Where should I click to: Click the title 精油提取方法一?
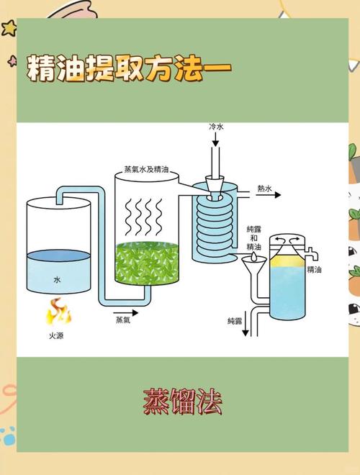click(x=130, y=69)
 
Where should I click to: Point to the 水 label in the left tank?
click(x=57, y=278)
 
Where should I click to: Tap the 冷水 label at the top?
click(x=217, y=127)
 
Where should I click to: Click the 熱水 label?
click(x=265, y=189)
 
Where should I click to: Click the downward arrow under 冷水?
click(x=217, y=155)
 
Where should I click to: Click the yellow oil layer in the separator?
click(x=288, y=257)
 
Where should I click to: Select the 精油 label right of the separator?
click(x=334, y=269)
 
